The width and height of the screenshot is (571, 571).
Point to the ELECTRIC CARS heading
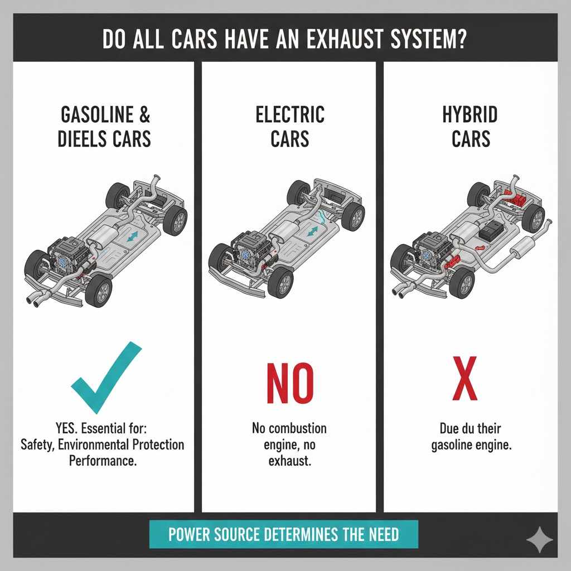(289, 126)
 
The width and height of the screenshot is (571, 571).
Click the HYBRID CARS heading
(470, 126)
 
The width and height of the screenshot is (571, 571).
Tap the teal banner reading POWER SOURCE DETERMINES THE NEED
(284, 535)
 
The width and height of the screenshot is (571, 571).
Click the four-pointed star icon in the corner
(539, 540)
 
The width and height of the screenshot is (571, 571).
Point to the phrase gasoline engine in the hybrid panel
(472, 446)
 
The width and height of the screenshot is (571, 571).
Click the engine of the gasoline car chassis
(62, 254)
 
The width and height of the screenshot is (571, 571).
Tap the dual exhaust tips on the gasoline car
(37, 300)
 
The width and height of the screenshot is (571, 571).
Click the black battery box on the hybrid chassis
(492, 230)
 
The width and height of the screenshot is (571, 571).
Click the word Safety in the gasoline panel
(37, 445)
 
